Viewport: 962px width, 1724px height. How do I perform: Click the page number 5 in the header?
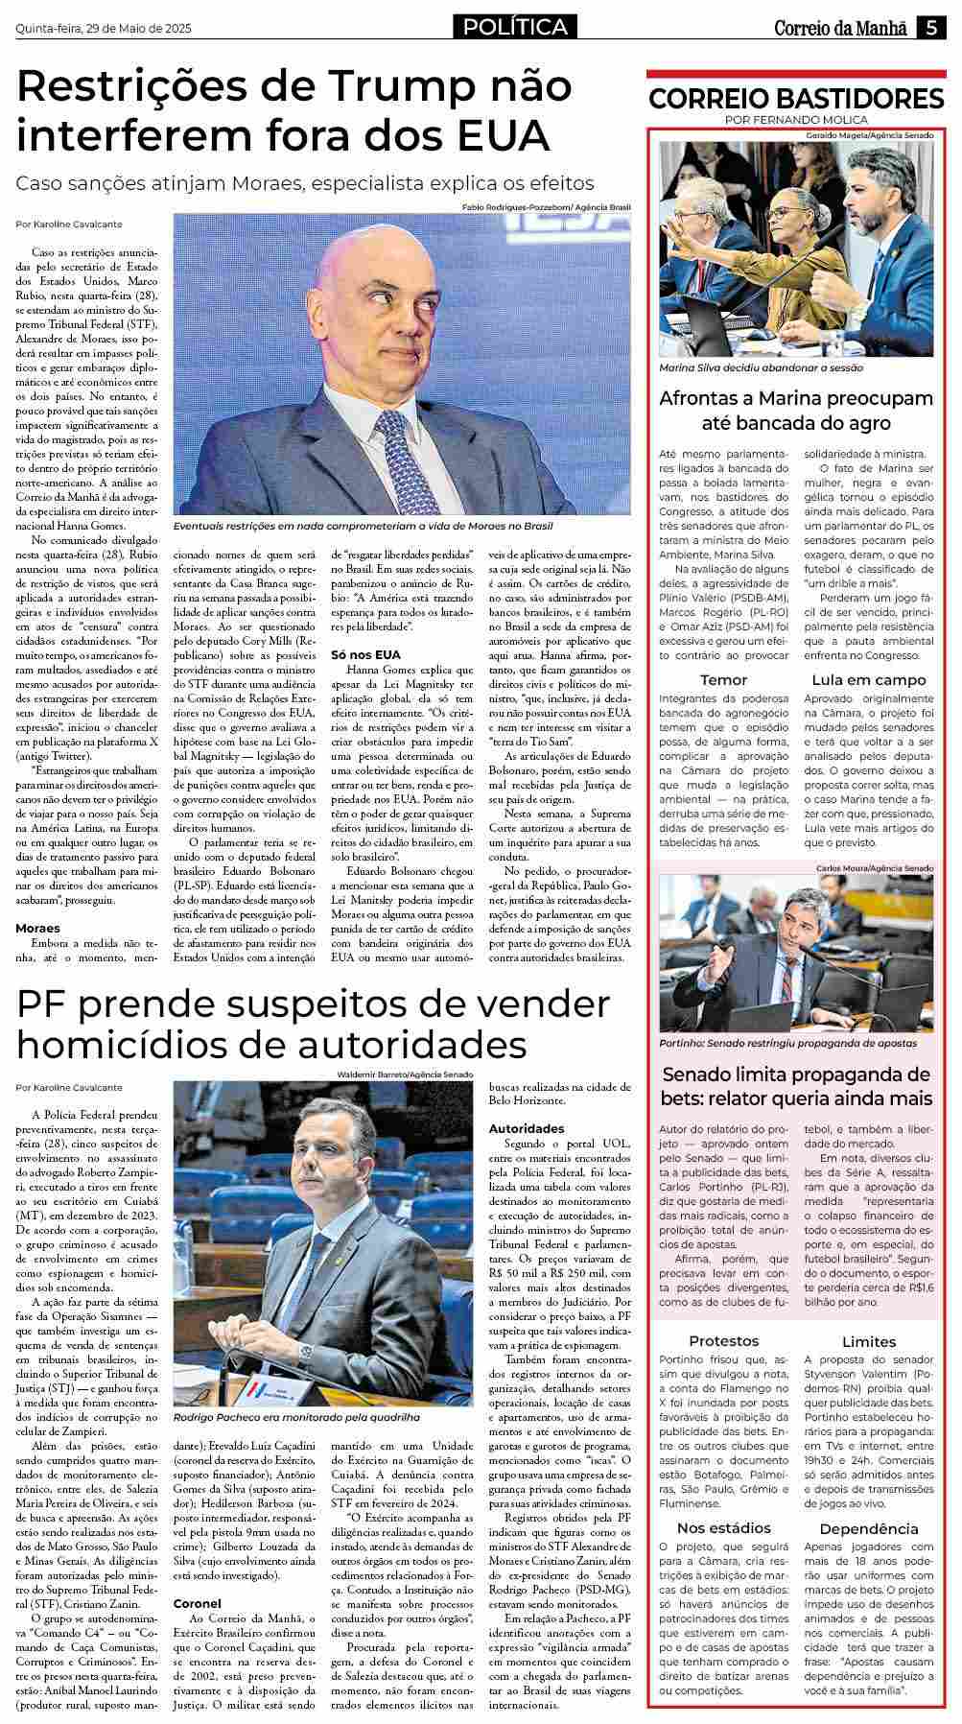point(930,28)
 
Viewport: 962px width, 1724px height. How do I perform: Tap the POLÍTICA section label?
point(515,28)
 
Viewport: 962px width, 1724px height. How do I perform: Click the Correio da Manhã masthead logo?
point(840,28)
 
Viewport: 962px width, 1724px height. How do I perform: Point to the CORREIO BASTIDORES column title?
point(796,99)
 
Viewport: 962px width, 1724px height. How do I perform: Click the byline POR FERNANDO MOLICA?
point(796,120)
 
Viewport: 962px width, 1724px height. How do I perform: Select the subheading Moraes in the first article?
point(37,928)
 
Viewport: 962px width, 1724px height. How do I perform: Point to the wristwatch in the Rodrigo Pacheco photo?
point(305,1351)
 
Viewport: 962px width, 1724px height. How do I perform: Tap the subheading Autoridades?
point(527,1128)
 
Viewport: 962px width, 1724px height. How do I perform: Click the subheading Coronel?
point(198,1603)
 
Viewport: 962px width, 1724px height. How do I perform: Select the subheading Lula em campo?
point(869,680)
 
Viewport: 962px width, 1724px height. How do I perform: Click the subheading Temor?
point(724,680)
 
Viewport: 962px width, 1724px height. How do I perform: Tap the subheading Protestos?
point(724,1341)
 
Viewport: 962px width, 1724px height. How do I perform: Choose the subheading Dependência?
point(869,1528)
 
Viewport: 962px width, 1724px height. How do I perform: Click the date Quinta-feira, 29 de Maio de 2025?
point(104,29)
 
